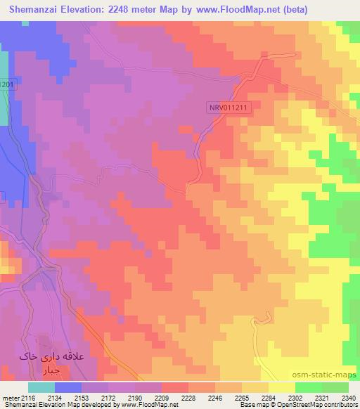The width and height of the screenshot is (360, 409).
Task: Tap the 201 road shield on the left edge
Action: [6, 84]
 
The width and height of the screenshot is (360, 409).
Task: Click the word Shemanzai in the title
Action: [30, 8]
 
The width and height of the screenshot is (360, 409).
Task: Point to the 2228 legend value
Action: [188, 397]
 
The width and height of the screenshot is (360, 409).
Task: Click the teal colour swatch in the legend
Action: [41, 387]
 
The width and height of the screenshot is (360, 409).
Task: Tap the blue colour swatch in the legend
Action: [67, 387]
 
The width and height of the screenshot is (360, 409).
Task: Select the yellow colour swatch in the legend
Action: [281, 387]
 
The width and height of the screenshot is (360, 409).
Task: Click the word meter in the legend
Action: [11, 397]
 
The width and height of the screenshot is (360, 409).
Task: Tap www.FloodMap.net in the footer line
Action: [149, 405]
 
